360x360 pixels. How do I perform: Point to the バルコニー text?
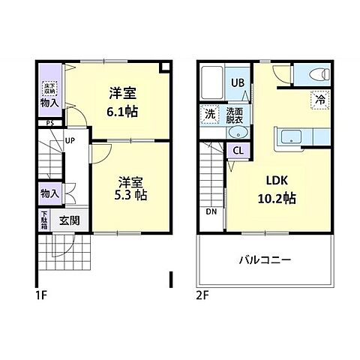(x=265, y=259)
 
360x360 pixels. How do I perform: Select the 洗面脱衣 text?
(x=235, y=115)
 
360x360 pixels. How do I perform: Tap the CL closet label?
(x=238, y=150)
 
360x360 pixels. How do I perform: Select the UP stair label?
(x=69, y=139)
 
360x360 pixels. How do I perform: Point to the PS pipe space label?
(x=49, y=123)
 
